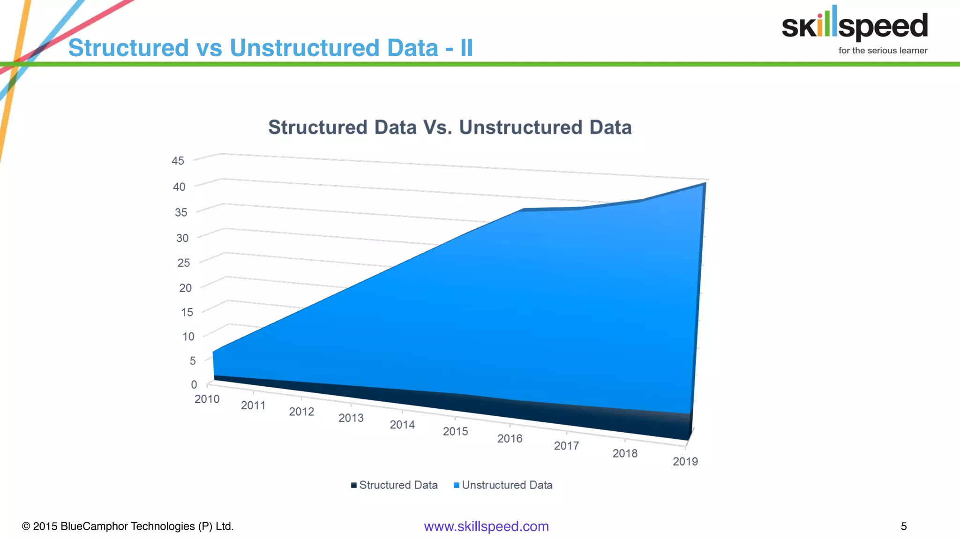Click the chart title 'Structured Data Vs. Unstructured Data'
[x=450, y=127]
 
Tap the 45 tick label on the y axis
[x=178, y=161]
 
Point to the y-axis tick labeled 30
[x=182, y=238]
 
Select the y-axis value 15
[x=187, y=312]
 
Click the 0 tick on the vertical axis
[x=194, y=385]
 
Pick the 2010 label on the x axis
[x=207, y=399]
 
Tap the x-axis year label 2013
[x=351, y=418]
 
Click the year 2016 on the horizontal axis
[x=510, y=439]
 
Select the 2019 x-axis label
[x=685, y=462]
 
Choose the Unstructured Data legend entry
[x=503, y=485]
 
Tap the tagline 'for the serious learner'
[x=883, y=51]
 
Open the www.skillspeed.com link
[x=486, y=526]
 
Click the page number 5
[x=904, y=526]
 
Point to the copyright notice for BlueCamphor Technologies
[x=128, y=526]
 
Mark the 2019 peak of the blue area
[x=704, y=184]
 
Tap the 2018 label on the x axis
[x=625, y=454]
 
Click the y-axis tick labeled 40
[x=179, y=187]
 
